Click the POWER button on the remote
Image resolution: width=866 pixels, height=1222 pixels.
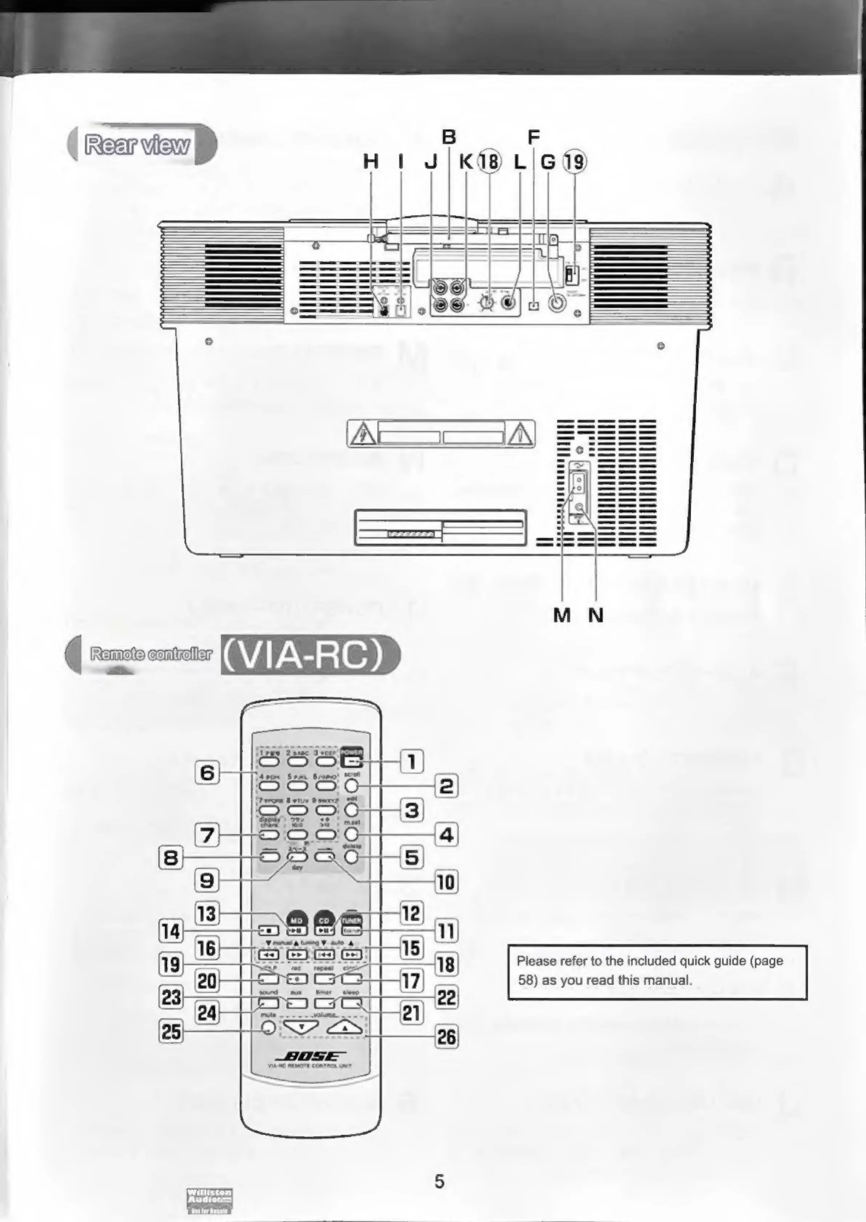coord(352,761)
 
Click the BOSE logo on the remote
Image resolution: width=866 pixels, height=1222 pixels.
coord(310,1056)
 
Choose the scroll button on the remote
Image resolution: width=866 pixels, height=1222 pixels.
coord(352,785)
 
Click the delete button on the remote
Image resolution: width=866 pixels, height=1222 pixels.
coord(352,857)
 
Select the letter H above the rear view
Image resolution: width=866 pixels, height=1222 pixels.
coord(370,161)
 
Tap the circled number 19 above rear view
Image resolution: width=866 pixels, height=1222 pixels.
coord(574,161)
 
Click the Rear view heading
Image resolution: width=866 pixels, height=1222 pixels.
coord(137,144)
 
